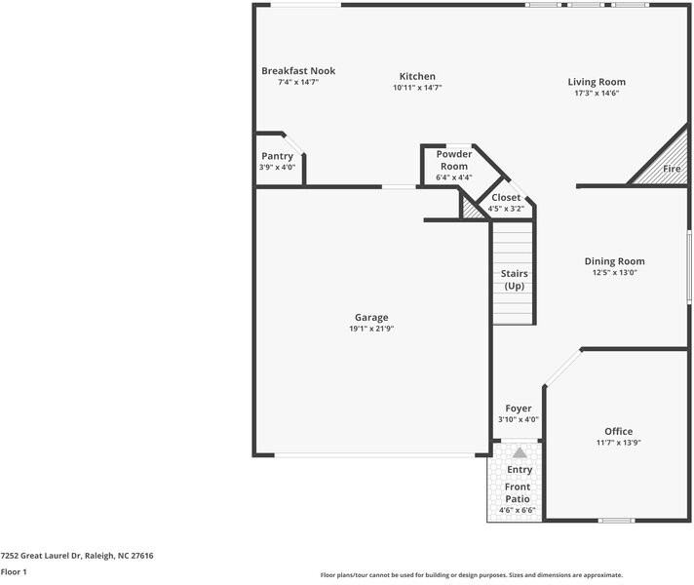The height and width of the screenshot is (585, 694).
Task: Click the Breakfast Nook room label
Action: pos(298,71)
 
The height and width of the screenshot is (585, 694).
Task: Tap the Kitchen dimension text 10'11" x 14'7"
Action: pos(417,88)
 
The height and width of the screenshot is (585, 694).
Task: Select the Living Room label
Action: pos(597,82)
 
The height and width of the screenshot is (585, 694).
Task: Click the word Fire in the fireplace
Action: pos(672,169)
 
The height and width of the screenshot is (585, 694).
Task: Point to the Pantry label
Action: pos(277,156)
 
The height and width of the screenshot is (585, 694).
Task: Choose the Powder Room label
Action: pos(453,160)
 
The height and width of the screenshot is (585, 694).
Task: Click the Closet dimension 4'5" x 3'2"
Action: pos(506,208)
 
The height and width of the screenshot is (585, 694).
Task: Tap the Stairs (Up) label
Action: pos(514,279)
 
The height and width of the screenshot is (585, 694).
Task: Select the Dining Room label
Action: pos(614,260)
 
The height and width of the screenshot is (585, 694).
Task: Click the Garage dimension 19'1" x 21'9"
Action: pos(371,329)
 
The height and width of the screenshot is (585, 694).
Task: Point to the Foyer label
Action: pos(518,409)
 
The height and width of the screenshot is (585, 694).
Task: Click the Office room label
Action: pos(618,431)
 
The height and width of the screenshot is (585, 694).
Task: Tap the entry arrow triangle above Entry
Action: pos(520,453)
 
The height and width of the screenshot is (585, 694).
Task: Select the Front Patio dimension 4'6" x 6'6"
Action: pos(518,509)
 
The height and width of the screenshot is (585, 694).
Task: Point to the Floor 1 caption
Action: pos(14,571)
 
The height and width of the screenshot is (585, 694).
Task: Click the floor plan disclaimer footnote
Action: pos(471,574)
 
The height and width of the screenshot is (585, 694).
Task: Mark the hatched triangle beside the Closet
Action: pos(475,208)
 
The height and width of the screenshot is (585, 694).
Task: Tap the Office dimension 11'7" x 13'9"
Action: pos(618,442)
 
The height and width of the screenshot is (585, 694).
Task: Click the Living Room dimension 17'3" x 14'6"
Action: pos(597,93)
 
